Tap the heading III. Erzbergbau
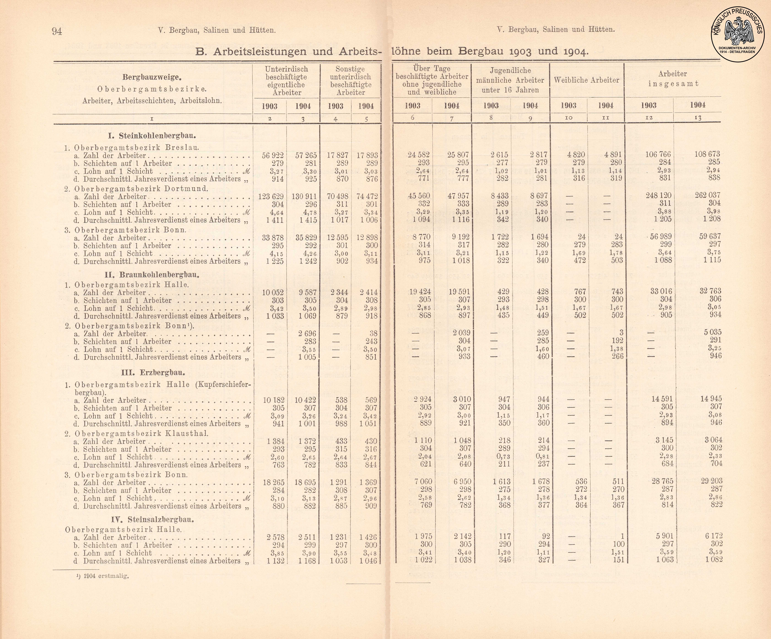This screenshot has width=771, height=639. point(153,372)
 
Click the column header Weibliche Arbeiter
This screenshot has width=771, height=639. point(586,80)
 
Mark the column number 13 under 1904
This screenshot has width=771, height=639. point(698,118)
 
